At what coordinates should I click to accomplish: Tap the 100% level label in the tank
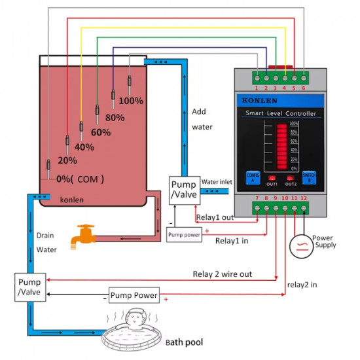[131, 101]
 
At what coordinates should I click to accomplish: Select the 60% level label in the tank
[101, 132]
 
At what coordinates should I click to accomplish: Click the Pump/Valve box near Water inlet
[183, 189]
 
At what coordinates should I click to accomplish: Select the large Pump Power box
[134, 295]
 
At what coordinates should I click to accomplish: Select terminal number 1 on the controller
[257, 87]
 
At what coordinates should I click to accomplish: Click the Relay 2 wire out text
[222, 274]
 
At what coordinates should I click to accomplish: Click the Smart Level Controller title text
[280, 114]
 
